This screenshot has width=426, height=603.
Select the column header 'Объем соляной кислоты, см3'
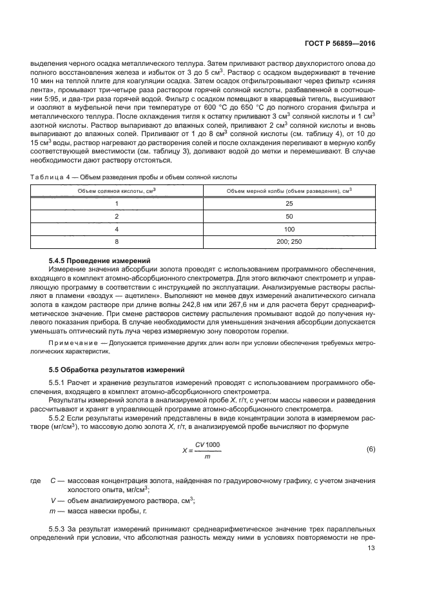coord(117,191)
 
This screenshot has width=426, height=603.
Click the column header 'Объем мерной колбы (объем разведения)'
coord(289,191)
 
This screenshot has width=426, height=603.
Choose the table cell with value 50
coord(289,216)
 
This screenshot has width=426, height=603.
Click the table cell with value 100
coord(289,228)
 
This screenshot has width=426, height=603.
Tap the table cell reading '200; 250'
coord(289,241)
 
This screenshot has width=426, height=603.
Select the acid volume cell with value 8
coord(117,241)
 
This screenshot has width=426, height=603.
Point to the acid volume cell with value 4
coord(117,228)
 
